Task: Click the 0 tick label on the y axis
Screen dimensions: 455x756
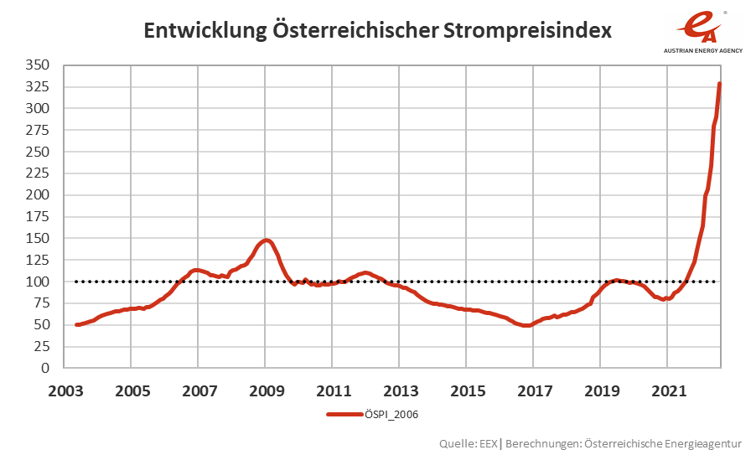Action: pos(46,368)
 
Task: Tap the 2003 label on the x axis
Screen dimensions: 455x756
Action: pos(65,390)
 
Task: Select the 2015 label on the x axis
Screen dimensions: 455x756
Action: pos(467,390)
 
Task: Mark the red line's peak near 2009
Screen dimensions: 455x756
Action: pos(266,240)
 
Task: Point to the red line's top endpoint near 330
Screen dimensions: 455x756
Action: pos(720,83)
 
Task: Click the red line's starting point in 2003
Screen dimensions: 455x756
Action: pos(76,324)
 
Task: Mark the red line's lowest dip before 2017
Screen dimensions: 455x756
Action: pos(526,325)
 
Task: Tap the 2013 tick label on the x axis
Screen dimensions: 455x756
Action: pos(400,390)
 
